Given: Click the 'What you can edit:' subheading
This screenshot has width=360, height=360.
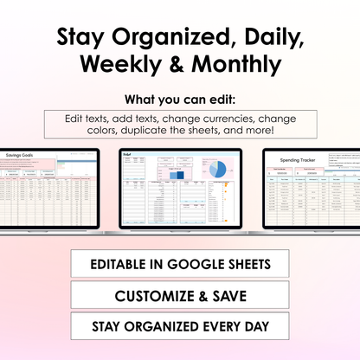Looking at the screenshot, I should point(179,98).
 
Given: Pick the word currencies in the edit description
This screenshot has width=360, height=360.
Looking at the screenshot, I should point(243,118).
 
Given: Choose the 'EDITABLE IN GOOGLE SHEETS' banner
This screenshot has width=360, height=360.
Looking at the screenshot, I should point(179,263).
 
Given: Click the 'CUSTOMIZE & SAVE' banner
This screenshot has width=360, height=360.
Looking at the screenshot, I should point(179,295).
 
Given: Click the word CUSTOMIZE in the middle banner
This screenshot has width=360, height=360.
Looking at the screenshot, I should point(156,295).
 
